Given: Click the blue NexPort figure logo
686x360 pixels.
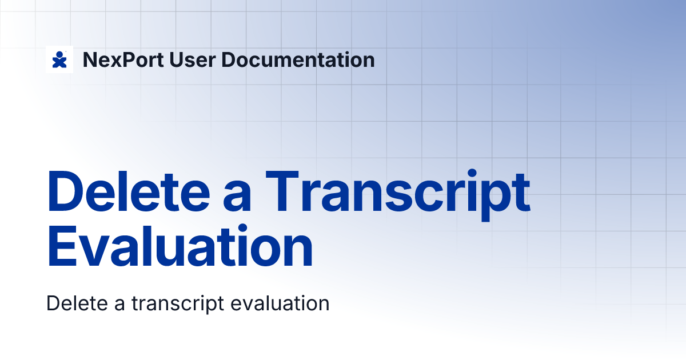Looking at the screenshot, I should click(x=59, y=59).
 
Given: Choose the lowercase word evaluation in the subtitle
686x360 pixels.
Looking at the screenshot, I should click(x=280, y=303).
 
